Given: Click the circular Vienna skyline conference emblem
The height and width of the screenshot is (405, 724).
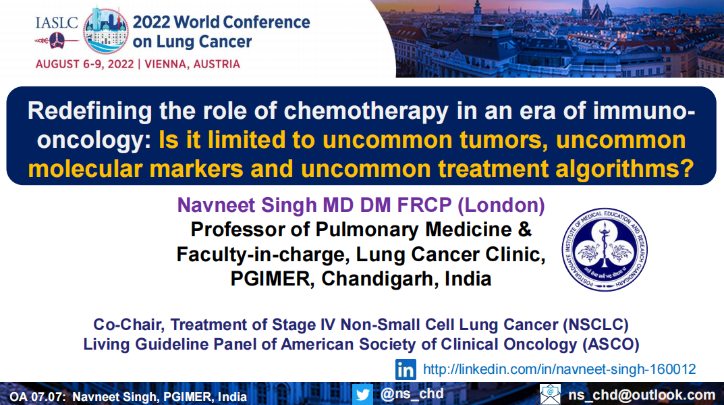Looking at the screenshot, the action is [x=106, y=31].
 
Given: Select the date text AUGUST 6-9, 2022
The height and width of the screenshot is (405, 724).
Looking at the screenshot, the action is [x=84, y=64].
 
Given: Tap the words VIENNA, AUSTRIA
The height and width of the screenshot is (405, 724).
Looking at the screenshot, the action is [x=192, y=64].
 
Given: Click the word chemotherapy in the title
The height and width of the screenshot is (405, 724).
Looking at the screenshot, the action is [x=366, y=112].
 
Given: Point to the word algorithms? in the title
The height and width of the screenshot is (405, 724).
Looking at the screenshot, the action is [x=625, y=169].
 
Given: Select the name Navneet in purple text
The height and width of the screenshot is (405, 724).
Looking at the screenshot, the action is [x=217, y=205].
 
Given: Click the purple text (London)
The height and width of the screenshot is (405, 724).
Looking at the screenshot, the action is [x=501, y=205].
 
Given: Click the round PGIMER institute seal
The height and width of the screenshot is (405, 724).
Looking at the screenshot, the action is [x=605, y=249].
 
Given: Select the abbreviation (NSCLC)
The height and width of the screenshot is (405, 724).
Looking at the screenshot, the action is [x=596, y=325].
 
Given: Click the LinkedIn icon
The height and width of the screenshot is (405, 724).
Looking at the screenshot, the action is [x=406, y=369].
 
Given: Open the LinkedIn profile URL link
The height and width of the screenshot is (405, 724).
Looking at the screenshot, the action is [x=559, y=369].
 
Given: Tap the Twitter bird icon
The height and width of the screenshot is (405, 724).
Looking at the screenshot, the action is [x=362, y=394].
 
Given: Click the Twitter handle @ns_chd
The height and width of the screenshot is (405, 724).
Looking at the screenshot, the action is [x=412, y=394].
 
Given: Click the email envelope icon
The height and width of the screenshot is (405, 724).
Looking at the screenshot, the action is [x=550, y=394].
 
